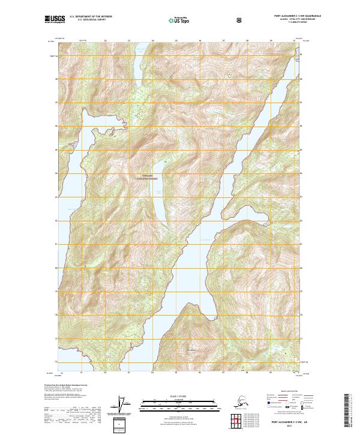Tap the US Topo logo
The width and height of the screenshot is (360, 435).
(x=180, y=20)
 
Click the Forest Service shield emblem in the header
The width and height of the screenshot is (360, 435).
(x=239, y=19)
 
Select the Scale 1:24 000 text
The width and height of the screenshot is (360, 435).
(x=179, y=396)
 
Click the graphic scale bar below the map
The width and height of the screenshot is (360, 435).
(x=179, y=402)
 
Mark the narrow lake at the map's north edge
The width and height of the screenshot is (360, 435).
(x=139, y=60)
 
